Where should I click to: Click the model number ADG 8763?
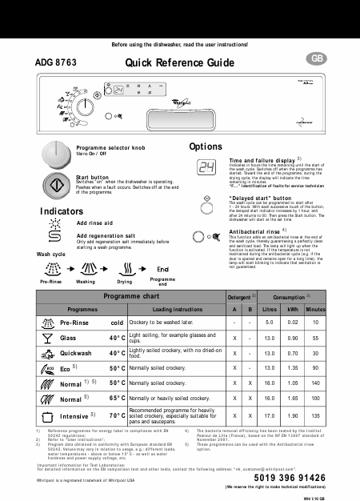point(55,61)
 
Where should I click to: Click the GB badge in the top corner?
point(318,59)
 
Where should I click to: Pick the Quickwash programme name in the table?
point(79,352)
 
